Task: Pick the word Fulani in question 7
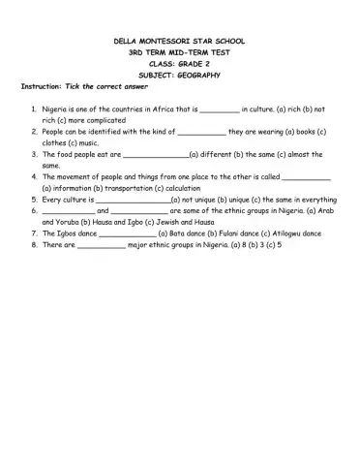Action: coord(218,233)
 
